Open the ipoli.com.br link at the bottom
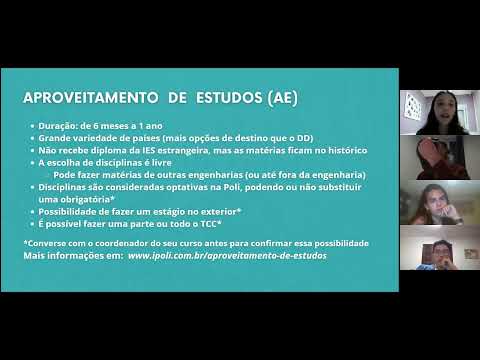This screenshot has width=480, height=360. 227,255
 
